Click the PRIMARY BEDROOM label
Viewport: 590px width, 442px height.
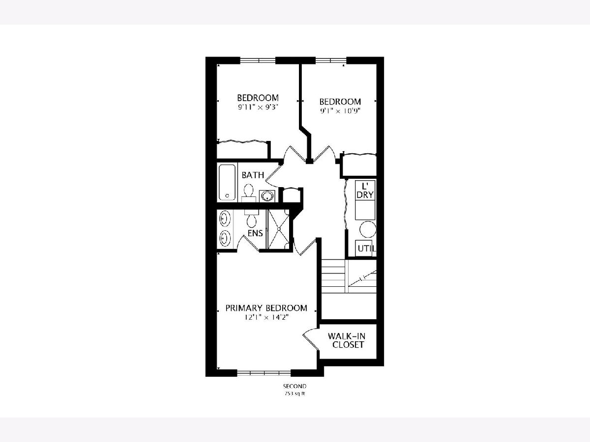(x=266, y=308)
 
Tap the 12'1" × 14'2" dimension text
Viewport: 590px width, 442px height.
(x=266, y=317)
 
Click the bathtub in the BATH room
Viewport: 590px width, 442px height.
(x=227, y=183)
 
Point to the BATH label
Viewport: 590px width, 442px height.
(x=253, y=175)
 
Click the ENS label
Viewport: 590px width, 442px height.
(x=255, y=233)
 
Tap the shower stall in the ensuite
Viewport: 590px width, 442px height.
(x=278, y=229)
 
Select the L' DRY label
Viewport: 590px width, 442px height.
(x=365, y=190)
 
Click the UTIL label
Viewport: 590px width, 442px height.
(x=366, y=249)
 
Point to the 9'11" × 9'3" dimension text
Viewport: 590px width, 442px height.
(x=258, y=108)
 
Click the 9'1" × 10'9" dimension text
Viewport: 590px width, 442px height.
(x=340, y=111)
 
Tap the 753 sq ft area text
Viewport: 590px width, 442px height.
(x=295, y=394)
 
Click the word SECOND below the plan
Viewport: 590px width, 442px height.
(x=295, y=387)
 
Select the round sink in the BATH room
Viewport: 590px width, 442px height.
(x=266, y=195)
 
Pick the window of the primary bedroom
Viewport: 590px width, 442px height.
(x=264, y=373)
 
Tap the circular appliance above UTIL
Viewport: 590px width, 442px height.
(x=368, y=230)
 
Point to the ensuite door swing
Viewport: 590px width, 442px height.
(x=248, y=244)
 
